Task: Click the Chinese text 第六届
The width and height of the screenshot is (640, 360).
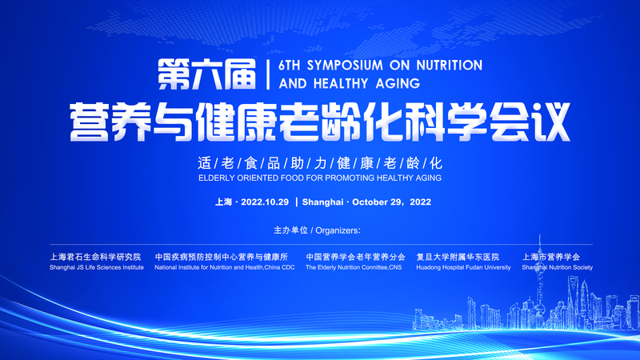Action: [x=207, y=74]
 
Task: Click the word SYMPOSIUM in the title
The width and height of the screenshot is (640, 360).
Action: [x=345, y=66]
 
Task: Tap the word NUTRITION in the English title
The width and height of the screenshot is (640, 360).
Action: [x=450, y=66]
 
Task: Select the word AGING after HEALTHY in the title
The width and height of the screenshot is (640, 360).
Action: [x=398, y=83]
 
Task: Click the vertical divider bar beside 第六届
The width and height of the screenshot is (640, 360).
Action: [x=268, y=74]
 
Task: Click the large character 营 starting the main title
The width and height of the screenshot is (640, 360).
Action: [x=90, y=122]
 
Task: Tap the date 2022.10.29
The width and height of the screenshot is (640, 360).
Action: [x=265, y=202]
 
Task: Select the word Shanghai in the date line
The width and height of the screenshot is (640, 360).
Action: [x=322, y=202]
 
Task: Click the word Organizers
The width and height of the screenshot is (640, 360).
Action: [x=338, y=230]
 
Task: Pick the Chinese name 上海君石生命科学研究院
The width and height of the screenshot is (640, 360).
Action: [x=95, y=257]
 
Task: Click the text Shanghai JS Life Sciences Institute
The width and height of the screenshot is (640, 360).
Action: [x=97, y=267]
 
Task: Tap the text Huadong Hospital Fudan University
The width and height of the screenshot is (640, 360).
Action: [x=463, y=267]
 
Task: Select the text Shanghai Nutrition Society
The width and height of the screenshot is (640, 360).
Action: [x=557, y=267]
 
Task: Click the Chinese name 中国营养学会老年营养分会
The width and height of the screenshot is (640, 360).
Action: [x=355, y=257]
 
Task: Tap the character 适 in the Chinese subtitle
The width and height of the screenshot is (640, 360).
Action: [x=205, y=163]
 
